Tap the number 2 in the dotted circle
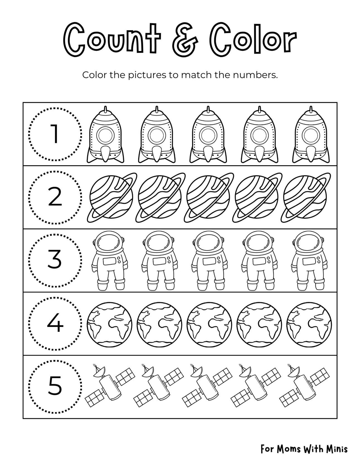pyautogui.click(x=55, y=197)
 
